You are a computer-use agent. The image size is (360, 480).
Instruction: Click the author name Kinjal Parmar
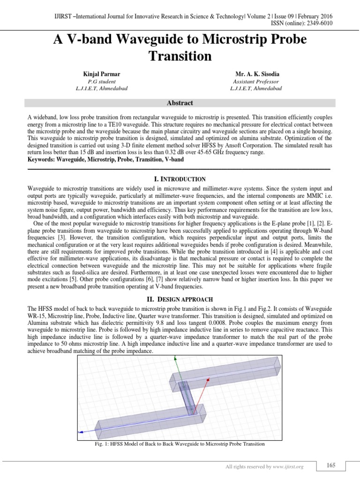click(x=101, y=75)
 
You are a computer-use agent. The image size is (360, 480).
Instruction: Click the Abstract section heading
click(x=180, y=103)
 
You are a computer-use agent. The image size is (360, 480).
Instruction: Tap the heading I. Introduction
click(x=180, y=179)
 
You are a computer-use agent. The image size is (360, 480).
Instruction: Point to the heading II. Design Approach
click(x=180, y=299)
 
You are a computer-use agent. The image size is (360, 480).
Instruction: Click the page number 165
click(x=331, y=465)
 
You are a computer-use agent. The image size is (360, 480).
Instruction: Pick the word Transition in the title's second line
click(x=180, y=56)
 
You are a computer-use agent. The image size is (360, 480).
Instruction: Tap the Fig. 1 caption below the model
click(x=180, y=443)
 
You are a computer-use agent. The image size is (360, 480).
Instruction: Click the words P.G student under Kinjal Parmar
click(x=101, y=82)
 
